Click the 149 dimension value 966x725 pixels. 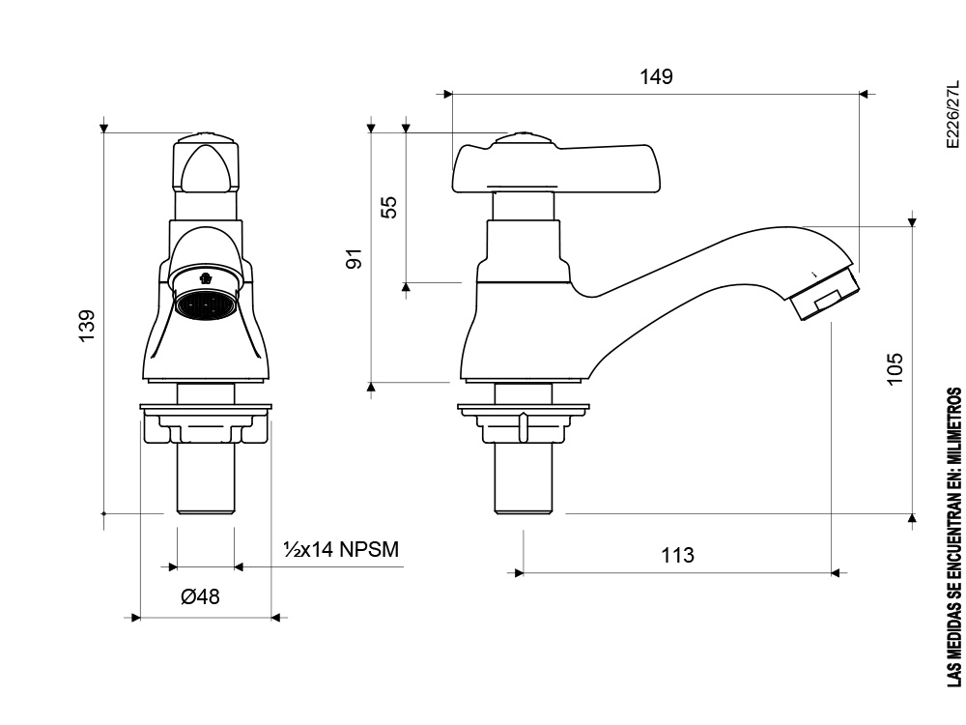(656, 77)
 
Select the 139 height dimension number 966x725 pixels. (87, 326)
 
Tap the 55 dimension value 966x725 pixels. (389, 207)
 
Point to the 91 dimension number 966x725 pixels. (355, 258)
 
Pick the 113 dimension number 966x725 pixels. (677, 556)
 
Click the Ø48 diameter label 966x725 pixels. (200, 596)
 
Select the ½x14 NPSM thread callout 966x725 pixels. (341, 549)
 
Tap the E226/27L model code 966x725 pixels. (953, 114)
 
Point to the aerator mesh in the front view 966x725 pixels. (205, 305)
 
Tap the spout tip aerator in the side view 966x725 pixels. (824, 294)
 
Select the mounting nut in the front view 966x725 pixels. (205, 423)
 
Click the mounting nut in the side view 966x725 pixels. (523, 423)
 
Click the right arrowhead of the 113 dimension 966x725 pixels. (835, 572)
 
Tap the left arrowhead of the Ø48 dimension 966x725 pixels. (136, 617)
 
